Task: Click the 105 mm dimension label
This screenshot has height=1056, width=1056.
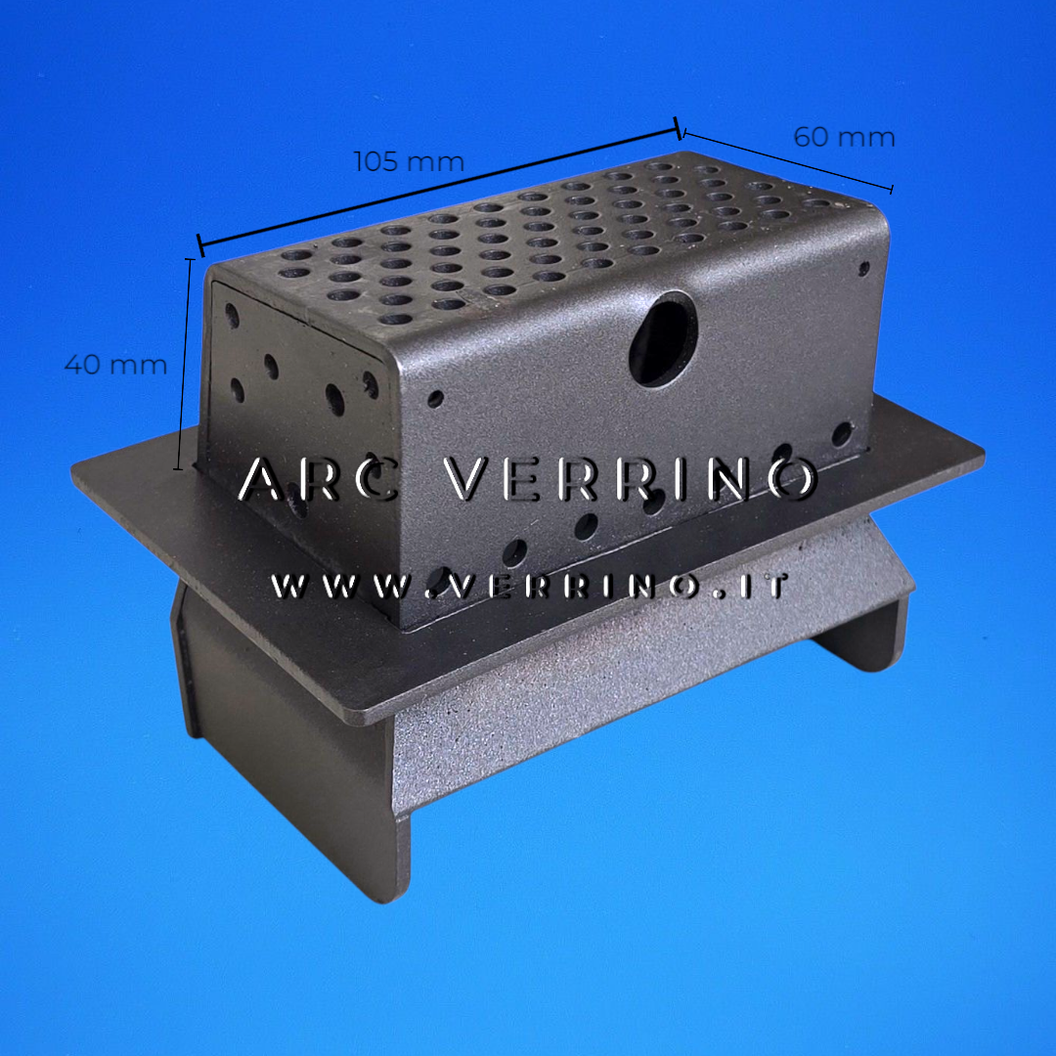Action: pos(409,161)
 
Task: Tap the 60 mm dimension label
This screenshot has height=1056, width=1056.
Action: pos(844,138)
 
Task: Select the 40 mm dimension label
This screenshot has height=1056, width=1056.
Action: pos(115,365)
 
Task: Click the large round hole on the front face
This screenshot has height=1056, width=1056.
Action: pos(663,338)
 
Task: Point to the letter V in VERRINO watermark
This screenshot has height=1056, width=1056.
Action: pos(464,479)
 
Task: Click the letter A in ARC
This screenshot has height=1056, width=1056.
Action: pos(262,479)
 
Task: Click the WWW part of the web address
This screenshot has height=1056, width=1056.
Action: pos(343,587)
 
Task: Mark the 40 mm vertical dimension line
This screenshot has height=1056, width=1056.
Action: pos(184,364)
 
